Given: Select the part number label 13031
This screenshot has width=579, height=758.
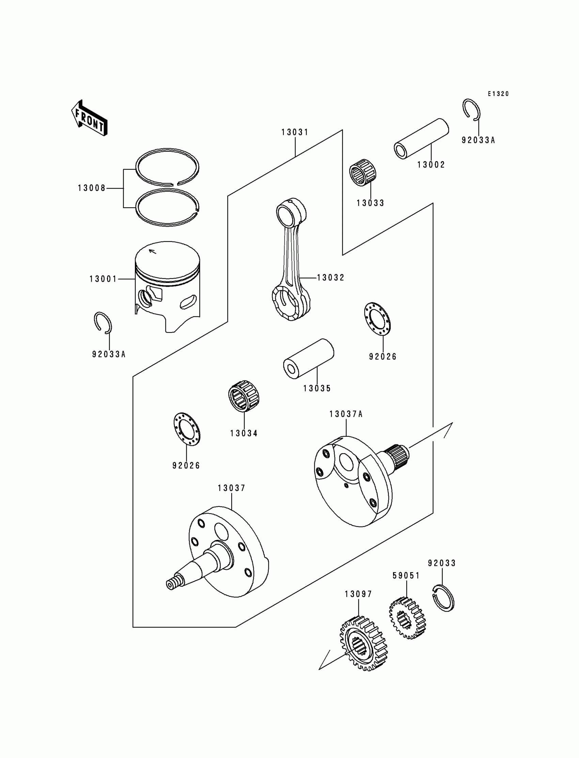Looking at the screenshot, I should pyautogui.click(x=295, y=132).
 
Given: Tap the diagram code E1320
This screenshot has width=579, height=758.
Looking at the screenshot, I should pyautogui.click(x=498, y=94).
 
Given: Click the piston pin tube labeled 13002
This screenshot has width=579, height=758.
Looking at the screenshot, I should pyautogui.click(x=421, y=139).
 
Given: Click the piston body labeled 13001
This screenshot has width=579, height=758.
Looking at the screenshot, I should pyautogui.click(x=168, y=286).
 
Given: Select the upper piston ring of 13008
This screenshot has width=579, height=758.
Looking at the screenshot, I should pyautogui.click(x=168, y=167).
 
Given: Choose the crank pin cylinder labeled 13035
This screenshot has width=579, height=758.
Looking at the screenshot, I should pyautogui.click(x=309, y=358).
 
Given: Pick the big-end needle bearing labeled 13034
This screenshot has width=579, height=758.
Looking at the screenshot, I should pyautogui.click(x=244, y=396).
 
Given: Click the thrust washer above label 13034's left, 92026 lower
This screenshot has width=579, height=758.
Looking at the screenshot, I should pyautogui.click(x=187, y=429).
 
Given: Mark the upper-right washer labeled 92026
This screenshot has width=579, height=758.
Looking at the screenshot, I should pyautogui.click(x=377, y=318).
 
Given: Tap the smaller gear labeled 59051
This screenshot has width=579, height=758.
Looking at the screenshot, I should pyautogui.click(x=407, y=618).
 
